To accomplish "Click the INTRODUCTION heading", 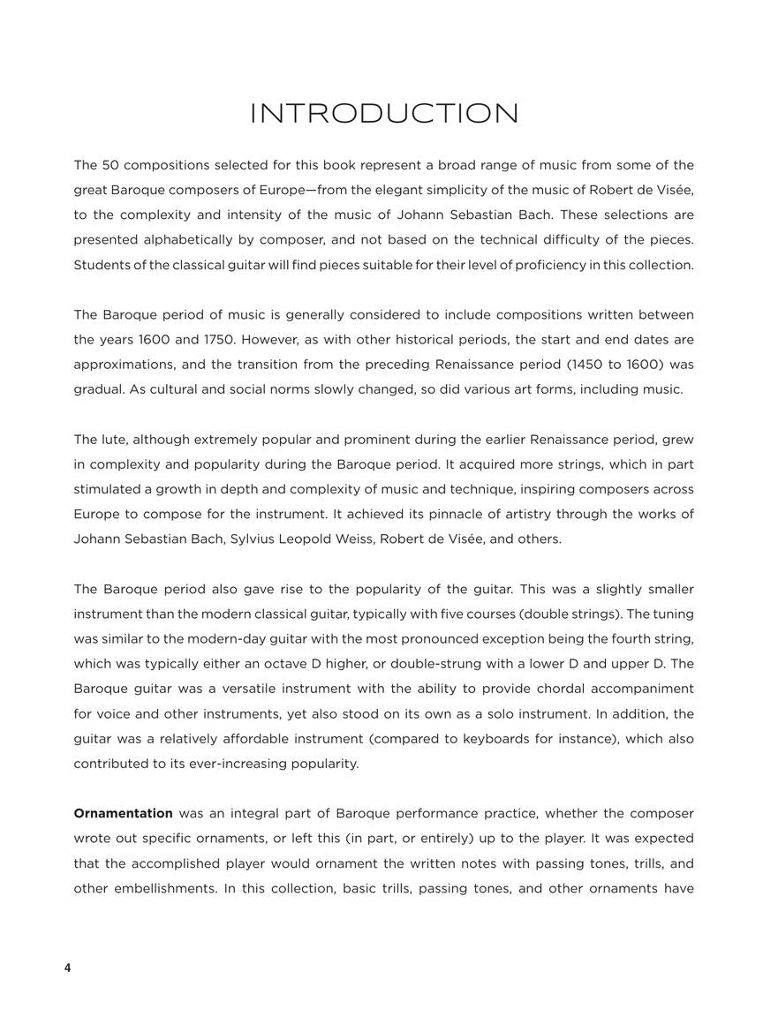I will [384, 114].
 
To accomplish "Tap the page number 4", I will [67, 968].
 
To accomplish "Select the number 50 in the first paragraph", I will [110, 165].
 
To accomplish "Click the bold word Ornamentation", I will [123, 813].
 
